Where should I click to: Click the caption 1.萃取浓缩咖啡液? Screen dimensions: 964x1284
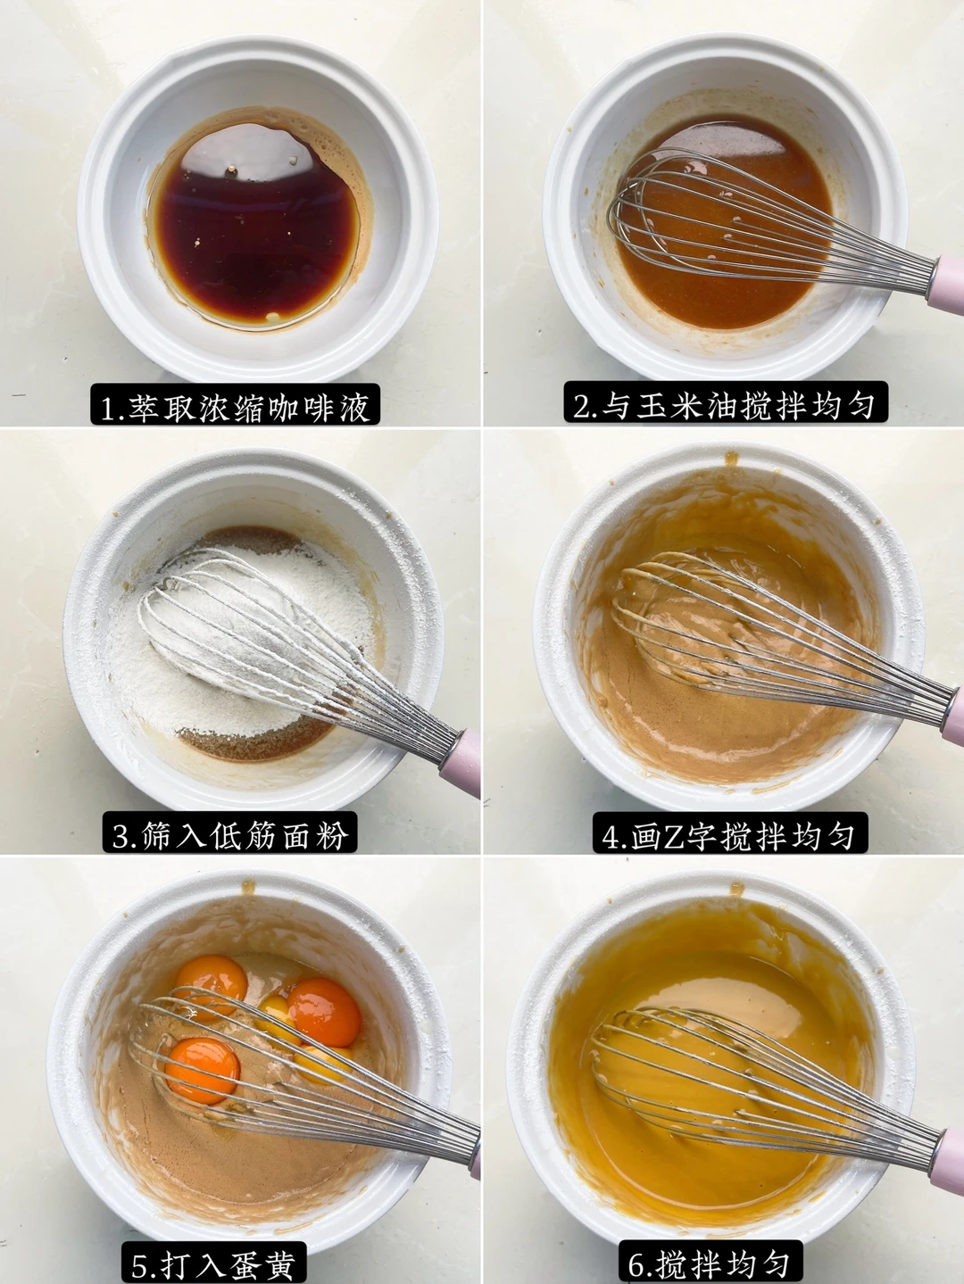pyautogui.click(x=235, y=405)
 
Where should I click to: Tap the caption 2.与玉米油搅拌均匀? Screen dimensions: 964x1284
pyautogui.click(x=726, y=402)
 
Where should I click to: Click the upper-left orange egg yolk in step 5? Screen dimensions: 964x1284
pyautogui.click(x=212, y=979)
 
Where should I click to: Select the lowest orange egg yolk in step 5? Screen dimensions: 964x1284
pyautogui.click(x=203, y=1070)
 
